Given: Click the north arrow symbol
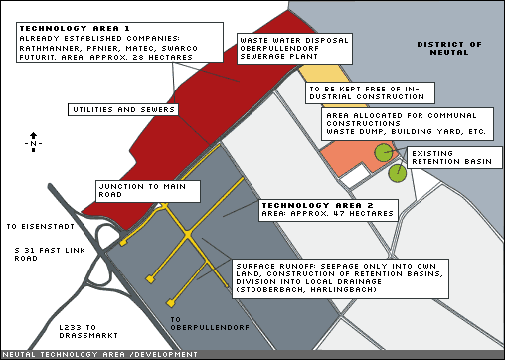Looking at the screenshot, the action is [33, 142].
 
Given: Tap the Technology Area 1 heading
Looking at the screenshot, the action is [75, 28].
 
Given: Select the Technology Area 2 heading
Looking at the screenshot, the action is [317, 205].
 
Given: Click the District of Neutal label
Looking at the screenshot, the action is [449, 48].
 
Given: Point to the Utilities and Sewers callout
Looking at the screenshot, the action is [123, 109].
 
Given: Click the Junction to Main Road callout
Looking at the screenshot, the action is [148, 191].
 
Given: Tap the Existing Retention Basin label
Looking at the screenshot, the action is [454, 158].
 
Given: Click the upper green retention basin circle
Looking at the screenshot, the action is [384, 153].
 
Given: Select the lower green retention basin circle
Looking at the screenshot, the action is [398, 173].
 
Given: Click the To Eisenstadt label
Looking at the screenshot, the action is [41, 227].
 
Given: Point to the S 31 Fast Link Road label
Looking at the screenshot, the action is [50, 254].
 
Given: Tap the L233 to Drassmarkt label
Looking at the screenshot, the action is [88, 331].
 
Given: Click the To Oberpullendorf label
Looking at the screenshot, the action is [210, 324].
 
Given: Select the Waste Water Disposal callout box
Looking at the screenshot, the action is [294, 49].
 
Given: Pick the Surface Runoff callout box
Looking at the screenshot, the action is [340, 278].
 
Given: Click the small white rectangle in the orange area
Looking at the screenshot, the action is [355, 174].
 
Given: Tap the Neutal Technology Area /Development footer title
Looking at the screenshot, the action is [100, 355].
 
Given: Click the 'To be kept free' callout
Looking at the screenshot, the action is [370, 93].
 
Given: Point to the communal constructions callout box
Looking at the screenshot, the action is [408, 124].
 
